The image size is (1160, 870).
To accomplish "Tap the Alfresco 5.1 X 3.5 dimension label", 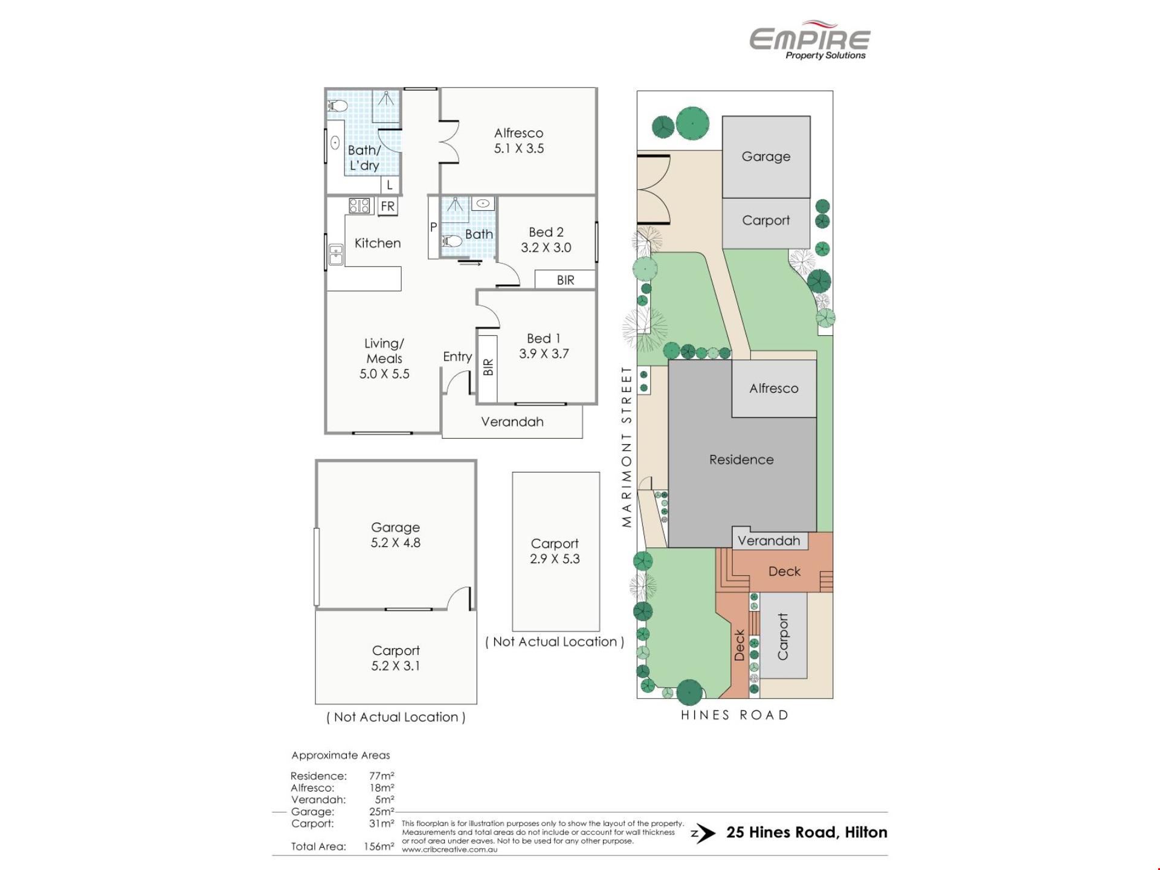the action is pos(518,141).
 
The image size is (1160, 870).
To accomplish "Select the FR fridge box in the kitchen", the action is pos(387,206).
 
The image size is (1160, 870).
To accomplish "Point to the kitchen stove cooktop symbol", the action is pos(359,206).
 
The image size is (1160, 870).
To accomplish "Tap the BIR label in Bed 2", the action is pos(565,280).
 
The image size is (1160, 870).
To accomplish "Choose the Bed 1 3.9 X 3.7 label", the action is pos(544,346).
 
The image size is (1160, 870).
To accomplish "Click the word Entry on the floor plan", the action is pos(457,356).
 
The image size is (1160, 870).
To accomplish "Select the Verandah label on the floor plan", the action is pos(512,422).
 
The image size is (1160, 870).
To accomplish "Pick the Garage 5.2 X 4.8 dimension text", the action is pos(395,535).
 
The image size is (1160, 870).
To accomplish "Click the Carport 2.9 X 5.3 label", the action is pos(555,551).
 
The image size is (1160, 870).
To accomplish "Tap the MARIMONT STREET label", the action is pos(627,446).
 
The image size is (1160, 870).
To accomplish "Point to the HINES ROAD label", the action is pos(735,715).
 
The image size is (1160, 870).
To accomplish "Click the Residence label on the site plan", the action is pos(741,460).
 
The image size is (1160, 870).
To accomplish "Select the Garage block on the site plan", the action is pos(766,157).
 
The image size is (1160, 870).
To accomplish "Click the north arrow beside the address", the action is pos(703,834).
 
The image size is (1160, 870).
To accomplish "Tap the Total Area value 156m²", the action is pos(379,846).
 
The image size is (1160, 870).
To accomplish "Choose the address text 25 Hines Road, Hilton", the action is pos(807,833).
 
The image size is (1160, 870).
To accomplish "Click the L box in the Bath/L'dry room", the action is pos(390,185).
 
